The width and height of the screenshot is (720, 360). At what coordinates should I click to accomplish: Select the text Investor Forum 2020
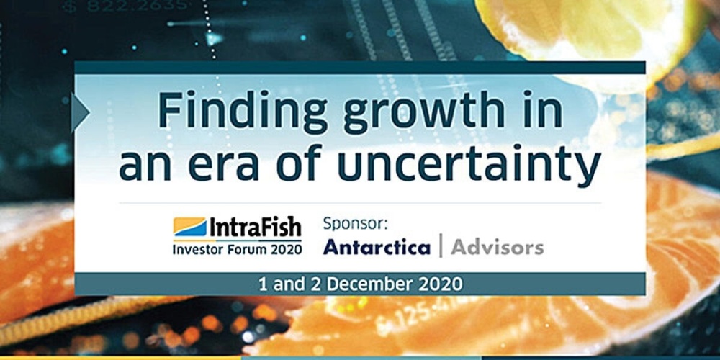point(237,249)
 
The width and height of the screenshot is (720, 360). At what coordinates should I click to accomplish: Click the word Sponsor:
point(355,222)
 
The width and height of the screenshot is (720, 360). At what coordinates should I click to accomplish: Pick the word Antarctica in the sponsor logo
point(377,248)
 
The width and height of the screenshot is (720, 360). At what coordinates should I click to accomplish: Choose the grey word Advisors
point(497,248)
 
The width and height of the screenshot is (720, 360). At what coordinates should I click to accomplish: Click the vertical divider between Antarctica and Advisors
point(440,247)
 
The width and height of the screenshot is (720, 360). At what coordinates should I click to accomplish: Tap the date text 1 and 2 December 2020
point(360,284)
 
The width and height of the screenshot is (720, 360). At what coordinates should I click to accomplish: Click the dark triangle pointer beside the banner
point(80,112)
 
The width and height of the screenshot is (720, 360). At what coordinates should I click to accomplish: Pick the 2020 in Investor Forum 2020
point(285,249)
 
